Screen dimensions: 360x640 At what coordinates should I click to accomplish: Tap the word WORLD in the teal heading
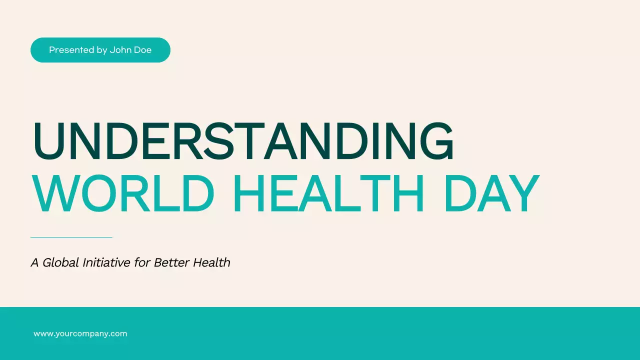click(x=123, y=194)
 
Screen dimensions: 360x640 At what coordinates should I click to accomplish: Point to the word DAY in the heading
click(x=491, y=194)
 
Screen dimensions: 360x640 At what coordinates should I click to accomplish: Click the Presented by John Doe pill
click(x=100, y=50)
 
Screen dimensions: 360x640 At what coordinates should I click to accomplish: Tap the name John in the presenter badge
click(x=120, y=50)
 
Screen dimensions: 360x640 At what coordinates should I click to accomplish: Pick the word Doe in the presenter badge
click(x=142, y=50)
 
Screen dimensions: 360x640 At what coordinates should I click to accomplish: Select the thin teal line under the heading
click(x=71, y=237)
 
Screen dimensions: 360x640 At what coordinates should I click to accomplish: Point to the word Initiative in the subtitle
click(x=106, y=262)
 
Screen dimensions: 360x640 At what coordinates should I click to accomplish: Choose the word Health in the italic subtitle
click(x=212, y=262)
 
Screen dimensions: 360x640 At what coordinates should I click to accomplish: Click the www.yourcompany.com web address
click(x=80, y=333)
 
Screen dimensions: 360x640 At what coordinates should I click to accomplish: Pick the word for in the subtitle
click(x=142, y=262)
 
